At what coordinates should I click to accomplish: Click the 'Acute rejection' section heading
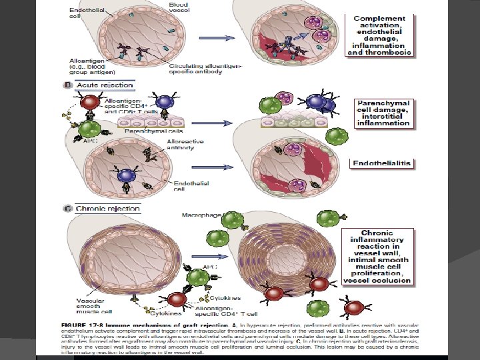(105, 85)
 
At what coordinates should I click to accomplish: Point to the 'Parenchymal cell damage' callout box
(383, 113)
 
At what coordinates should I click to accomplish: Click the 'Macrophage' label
(199, 215)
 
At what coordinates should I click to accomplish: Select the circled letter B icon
(67, 85)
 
